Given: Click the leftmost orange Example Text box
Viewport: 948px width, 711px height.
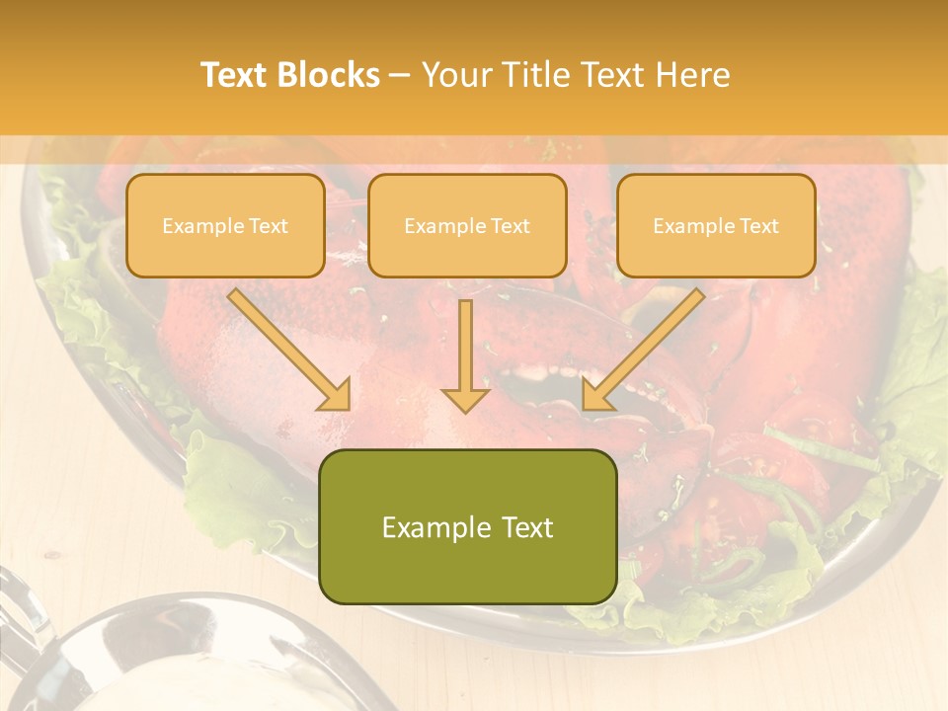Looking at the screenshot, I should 225,225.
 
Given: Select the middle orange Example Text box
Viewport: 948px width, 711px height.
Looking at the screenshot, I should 467,225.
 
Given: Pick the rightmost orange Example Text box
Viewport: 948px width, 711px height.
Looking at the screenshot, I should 716,225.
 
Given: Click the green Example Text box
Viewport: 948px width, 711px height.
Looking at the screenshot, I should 467,526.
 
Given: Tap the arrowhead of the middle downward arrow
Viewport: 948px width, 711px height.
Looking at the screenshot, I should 465,399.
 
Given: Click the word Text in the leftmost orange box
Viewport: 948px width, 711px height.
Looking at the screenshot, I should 268,226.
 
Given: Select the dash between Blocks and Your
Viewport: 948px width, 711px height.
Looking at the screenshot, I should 400,76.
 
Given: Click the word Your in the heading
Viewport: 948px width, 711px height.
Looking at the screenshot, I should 455,75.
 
